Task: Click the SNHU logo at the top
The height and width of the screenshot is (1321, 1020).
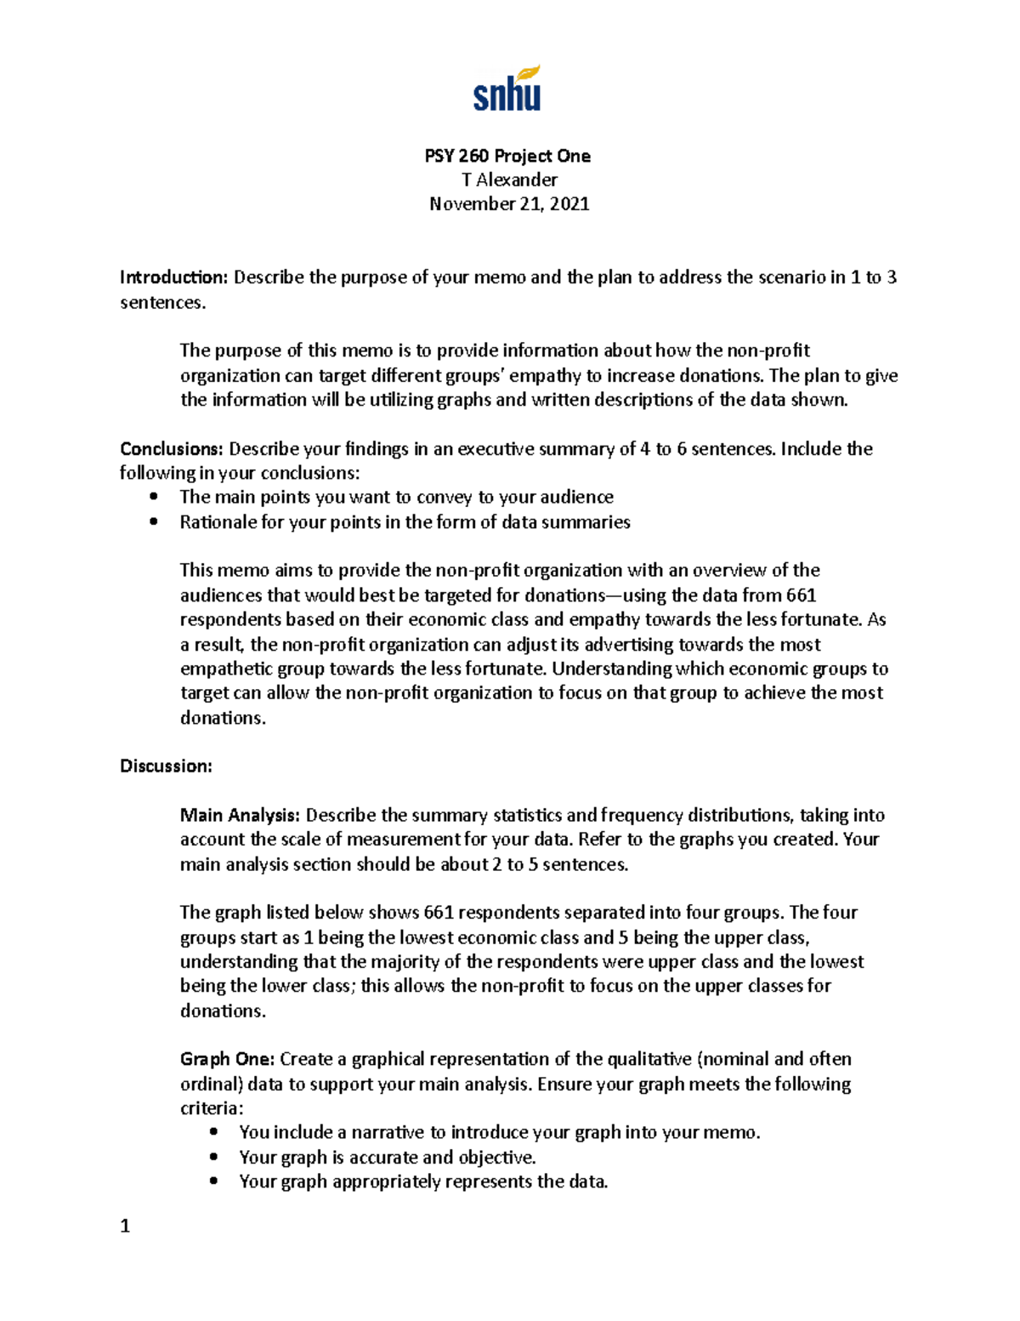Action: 507,89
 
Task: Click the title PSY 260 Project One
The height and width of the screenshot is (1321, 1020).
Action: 507,156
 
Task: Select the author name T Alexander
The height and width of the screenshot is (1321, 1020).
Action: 509,179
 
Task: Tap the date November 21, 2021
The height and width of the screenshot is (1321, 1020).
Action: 509,204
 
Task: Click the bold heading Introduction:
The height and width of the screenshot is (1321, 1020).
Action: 174,277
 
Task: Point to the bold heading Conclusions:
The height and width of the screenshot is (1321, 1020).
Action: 172,449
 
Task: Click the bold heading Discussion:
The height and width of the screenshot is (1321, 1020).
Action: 166,766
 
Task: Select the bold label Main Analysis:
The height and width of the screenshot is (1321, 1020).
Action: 240,816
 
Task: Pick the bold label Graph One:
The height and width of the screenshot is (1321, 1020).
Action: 227,1060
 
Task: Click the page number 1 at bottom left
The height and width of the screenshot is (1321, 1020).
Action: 125,1227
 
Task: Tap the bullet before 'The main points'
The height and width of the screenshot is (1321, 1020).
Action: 153,498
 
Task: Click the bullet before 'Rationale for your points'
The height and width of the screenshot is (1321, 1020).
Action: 153,522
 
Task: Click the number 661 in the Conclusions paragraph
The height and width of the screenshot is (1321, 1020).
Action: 801,595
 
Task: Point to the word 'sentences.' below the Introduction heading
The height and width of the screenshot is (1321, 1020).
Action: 162,303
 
